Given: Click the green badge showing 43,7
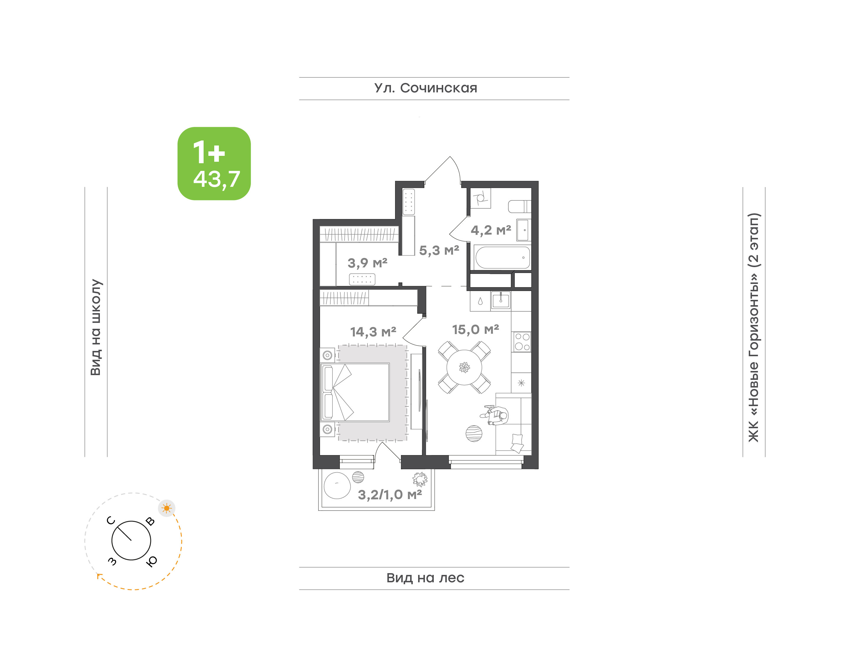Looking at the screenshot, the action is pyautogui.click(x=214, y=163).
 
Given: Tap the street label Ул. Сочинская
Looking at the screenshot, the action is pyautogui.click(x=426, y=88).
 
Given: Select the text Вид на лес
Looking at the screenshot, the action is pyautogui.click(x=425, y=578).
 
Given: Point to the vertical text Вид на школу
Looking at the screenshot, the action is pyautogui.click(x=96, y=327).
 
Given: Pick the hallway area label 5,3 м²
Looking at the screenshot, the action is pyautogui.click(x=439, y=250).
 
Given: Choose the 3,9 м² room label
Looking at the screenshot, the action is pyautogui.click(x=368, y=263).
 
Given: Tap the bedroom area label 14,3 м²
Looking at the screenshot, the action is pyautogui.click(x=373, y=332).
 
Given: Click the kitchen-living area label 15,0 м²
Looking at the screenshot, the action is pyautogui.click(x=475, y=330).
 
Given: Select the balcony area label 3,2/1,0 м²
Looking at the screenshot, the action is pyautogui.click(x=390, y=495).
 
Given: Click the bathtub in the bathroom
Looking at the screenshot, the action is pyautogui.click(x=502, y=257).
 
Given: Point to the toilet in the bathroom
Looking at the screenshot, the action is pyautogui.click(x=519, y=206).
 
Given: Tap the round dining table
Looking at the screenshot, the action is pyautogui.click(x=464, y=367).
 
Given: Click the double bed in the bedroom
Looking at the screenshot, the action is pyautogui.click(x=355, y=392).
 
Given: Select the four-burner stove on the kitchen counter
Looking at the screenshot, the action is pyautogui.click(x=522, y=342).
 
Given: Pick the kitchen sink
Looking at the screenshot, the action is pyautogui.click(x=500, y=301).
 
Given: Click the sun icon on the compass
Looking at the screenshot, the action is pyautogui.click(x=167, y=508).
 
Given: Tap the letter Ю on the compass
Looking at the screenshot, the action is pyautogui.click(x=152, y=561).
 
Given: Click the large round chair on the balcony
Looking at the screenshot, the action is pyautogui.click(x=337, y=486).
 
